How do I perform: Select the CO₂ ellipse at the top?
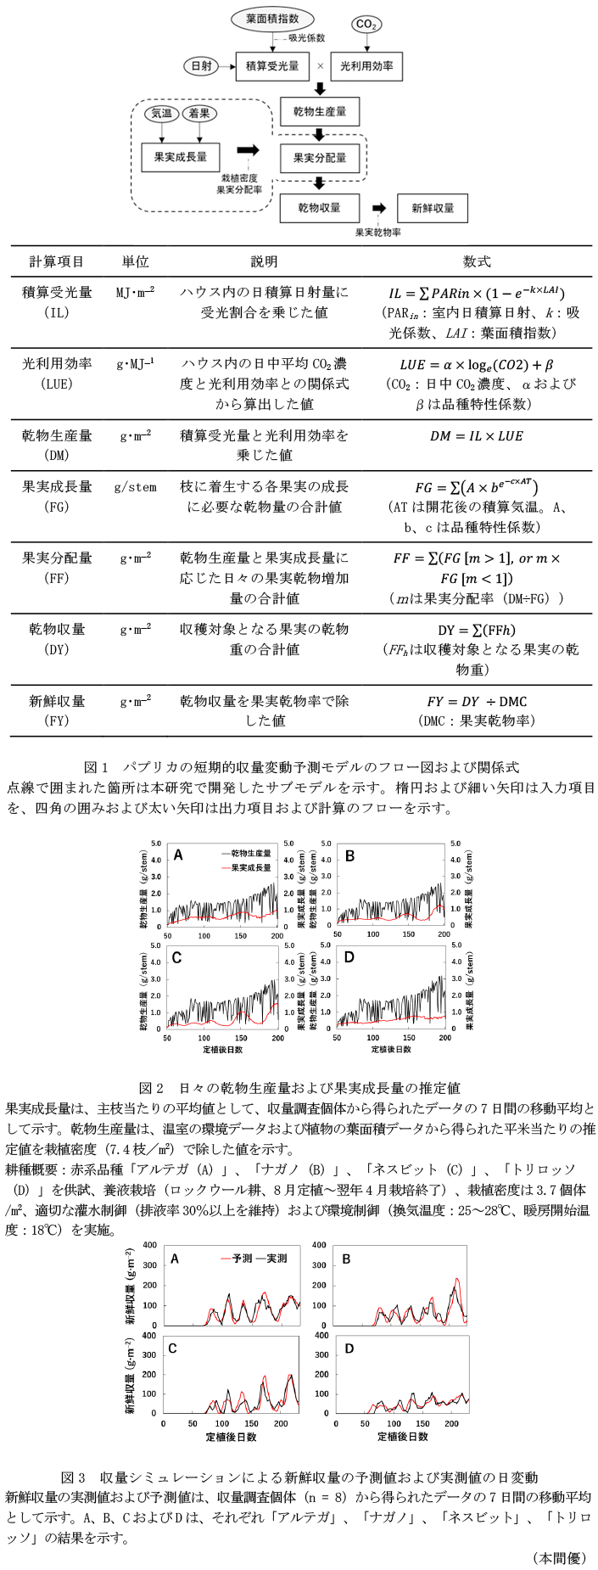(x=366, y=25)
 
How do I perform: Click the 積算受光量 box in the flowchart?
(x=271, y=65)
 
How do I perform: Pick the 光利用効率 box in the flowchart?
(x=366, y=65)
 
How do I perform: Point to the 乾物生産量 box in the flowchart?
(x=319, y=111)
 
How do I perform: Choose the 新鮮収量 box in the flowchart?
(x=433, y=207)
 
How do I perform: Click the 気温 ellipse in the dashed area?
(x=161, y=113)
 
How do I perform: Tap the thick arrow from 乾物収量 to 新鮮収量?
(x=378, y=207)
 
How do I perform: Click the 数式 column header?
(x=477, y=261)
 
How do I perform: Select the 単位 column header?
(x=135, y=261)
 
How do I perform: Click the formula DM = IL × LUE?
(x=474, y=435)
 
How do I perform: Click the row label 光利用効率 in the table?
(x=57, y=363)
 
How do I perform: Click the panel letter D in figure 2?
(x=350, y=956)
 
